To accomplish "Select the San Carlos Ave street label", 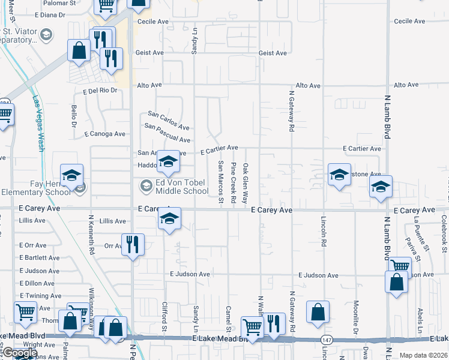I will (169, 120).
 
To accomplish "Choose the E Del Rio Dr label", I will (100, 91).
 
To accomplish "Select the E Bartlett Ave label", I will (40, 258).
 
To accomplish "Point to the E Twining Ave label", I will (40, 296).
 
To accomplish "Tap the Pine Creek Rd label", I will (233, 181).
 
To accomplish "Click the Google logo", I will (20, 353).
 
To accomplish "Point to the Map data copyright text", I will (424, 355).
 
